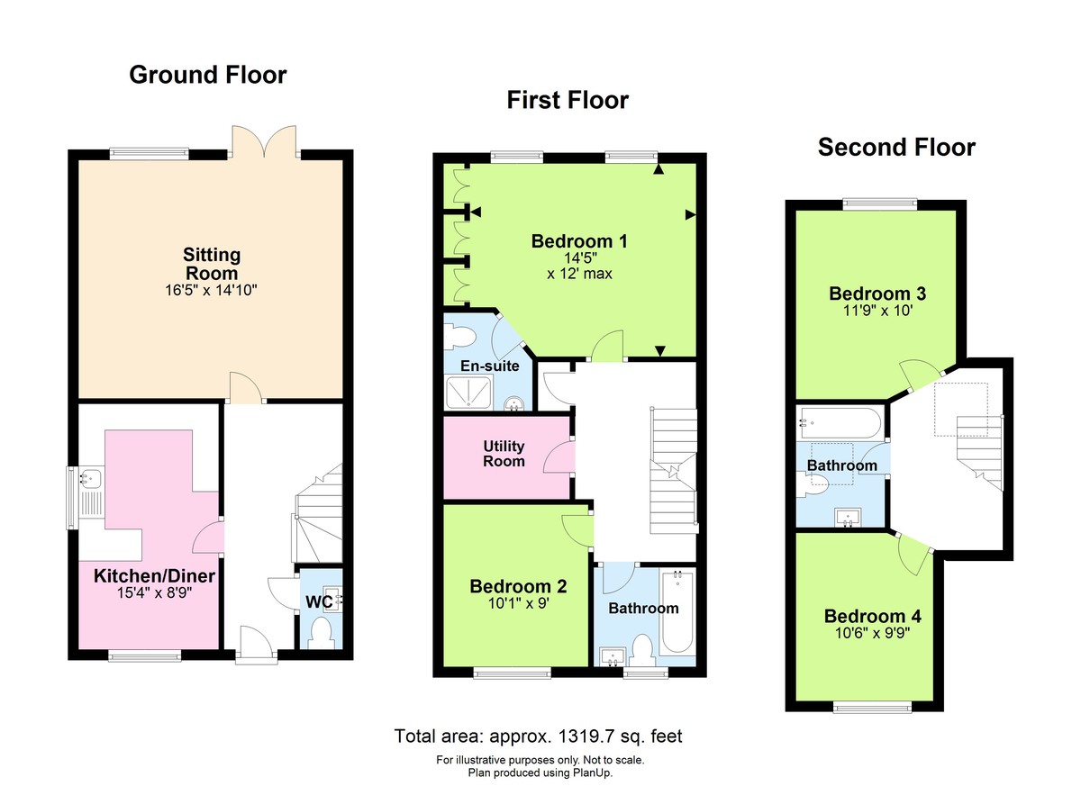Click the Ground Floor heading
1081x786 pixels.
(208, 75)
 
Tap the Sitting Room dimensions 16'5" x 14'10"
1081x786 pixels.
(212, 290)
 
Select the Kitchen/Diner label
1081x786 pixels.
(154, 575)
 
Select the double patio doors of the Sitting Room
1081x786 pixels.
(264, 140)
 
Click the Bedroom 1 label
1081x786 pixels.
(578, 241)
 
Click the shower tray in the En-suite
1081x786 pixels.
(468, 393)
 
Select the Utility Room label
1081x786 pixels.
(504, 454)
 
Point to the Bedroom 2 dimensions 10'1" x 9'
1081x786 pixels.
(518, 604)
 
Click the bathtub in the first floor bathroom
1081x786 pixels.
(676, 612)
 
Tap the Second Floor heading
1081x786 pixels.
(895, 148)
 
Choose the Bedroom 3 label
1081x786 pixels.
(877, 294)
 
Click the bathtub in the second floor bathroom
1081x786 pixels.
(842, 420)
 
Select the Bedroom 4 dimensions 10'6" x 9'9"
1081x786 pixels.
(872, 633)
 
